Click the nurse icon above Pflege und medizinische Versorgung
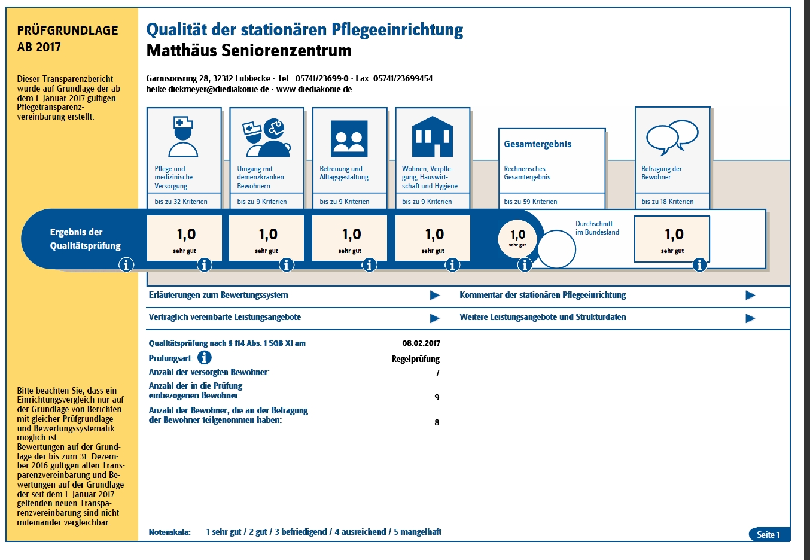183,136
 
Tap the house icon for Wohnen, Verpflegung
432,136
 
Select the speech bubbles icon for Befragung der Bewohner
672,138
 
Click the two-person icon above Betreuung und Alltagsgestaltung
349,139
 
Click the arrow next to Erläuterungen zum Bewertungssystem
435,295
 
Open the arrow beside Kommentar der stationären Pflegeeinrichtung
750,295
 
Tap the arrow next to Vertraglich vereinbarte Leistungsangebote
435,318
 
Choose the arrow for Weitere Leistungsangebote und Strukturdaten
750,318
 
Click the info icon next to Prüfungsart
205,357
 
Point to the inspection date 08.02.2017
421,343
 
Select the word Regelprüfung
416,359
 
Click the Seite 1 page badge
769,534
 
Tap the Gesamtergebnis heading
537,144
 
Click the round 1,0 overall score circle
517,238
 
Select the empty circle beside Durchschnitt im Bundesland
556,249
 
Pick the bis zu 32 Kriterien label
181,202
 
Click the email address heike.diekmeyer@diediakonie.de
208,89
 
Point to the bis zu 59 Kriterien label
531,202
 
